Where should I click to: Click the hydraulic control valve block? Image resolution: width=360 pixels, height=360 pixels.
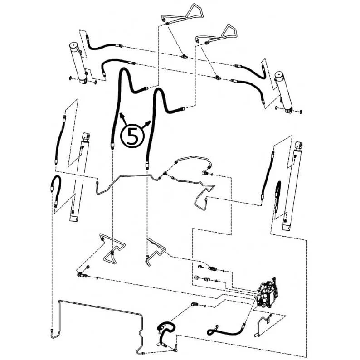coord(267,294)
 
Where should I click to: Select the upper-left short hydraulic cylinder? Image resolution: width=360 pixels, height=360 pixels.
coord(78,63)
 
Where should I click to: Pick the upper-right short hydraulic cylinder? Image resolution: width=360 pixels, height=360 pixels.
coord(283,92)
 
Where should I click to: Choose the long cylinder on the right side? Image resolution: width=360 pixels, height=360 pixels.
coord(292,185)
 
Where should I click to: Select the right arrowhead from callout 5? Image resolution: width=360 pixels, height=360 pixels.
coord(149,123)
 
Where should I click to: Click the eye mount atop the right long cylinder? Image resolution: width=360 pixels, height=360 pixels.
coord(299,145)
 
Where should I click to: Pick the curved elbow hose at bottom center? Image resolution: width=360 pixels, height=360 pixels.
coord(166,331)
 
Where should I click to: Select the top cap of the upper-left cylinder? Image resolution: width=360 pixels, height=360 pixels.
coord(75,45)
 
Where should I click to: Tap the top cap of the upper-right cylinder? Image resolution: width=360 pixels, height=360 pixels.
coord(280,75)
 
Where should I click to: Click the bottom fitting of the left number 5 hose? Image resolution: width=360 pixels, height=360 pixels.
coord(112,146)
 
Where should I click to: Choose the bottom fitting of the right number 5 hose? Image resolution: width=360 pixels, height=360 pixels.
coord(147,165)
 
